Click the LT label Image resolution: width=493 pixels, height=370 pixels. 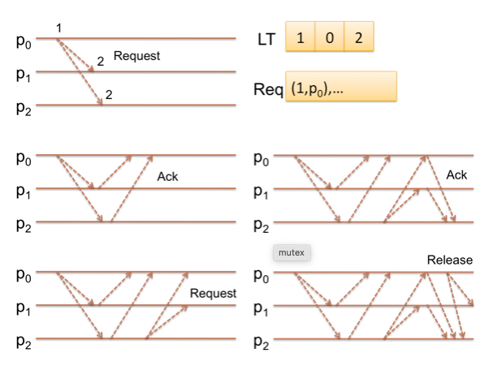point(266,38)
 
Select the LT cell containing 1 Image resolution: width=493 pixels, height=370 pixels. point(300,37)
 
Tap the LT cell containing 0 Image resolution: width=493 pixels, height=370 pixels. point(330,37)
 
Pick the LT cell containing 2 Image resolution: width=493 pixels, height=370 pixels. point(359,37)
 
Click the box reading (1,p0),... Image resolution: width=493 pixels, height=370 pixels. point(339,87)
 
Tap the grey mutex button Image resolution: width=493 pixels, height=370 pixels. point(292,253)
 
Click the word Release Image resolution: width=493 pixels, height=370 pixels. point(449,260)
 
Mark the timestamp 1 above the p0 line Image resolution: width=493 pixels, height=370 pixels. point(59,29)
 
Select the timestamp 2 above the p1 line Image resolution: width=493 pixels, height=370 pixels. point(101,61)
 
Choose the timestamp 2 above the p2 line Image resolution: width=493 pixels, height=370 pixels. point(108,95)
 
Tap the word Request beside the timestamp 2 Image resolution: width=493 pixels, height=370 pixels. point(136,56)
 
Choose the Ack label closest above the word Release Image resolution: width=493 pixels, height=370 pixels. point(456,175)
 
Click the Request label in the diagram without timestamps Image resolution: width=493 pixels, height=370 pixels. point(213,293)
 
